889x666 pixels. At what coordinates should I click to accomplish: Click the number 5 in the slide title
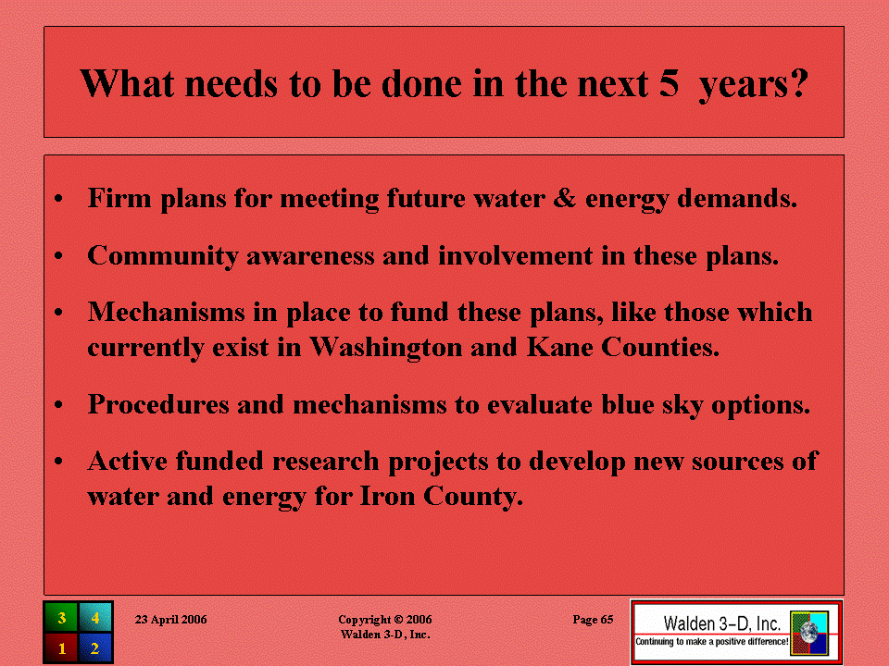[669, 84]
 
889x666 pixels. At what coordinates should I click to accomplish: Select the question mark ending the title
[799, 83]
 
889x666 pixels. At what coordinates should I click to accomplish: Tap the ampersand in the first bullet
[564, 198]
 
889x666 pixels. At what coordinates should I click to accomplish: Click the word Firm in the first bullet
[119, 198]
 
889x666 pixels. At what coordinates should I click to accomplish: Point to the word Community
[163, 256]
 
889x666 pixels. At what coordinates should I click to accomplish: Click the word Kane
[560, 347]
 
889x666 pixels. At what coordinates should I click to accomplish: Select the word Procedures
[158, 404]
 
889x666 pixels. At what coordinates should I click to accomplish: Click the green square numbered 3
[61, 617]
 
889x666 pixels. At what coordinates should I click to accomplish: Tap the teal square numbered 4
[95, 617]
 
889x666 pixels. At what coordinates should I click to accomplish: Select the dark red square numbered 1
[61, 647]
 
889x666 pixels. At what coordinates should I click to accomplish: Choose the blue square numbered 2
[95, 647]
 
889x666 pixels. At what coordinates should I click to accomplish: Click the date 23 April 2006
[170, 620]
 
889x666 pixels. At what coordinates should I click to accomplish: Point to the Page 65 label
[593, 620]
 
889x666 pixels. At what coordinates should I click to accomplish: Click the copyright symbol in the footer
[398, 620]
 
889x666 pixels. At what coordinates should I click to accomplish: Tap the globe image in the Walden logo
[809, 633]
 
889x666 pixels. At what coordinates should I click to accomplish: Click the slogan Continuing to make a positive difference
[711, 642]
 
